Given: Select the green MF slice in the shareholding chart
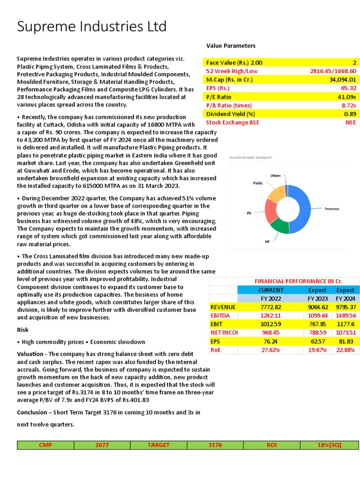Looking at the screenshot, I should tap(280, 226).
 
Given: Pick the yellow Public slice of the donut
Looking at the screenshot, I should tap(276, 193).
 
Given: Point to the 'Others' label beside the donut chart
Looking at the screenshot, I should tap(275, 176).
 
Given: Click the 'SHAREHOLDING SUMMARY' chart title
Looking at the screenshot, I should tap(250, 158).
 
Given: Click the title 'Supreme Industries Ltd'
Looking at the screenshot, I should tap(91, 27).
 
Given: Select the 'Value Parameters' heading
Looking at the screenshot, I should tap(231, 45).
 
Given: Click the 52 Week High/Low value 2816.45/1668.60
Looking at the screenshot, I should tap(333, 71).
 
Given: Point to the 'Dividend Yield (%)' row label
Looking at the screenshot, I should tap(230, 114).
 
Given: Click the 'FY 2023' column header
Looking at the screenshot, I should tap(317, 298).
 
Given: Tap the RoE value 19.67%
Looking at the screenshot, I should tap(317, 350).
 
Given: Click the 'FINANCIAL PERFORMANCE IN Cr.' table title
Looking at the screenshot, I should tap(298, 281).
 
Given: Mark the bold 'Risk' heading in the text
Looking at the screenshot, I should tap(23, 330).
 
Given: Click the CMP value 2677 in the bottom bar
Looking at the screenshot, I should tap(102, 445).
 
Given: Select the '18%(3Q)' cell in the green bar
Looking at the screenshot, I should tap(329, 445).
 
